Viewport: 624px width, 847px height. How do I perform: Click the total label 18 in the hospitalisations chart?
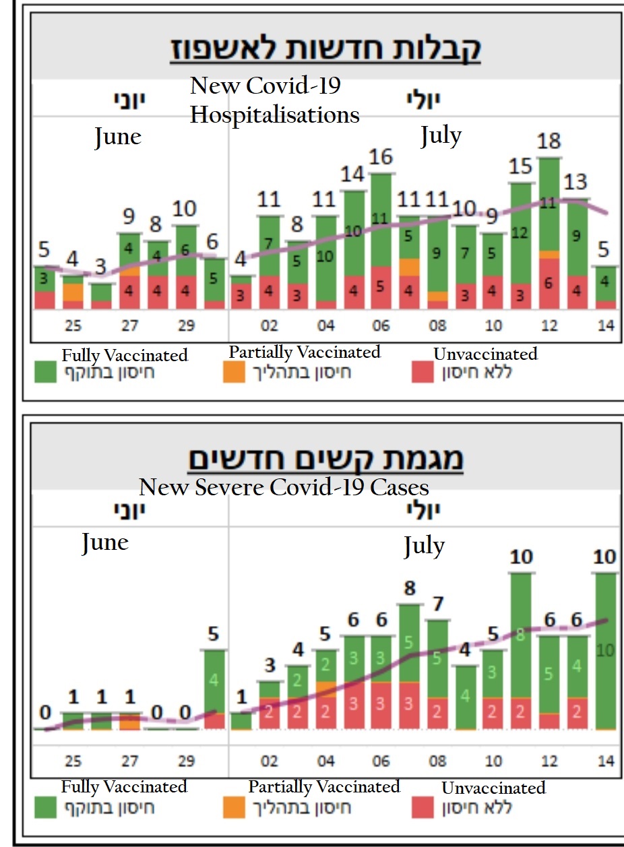pos(549,142)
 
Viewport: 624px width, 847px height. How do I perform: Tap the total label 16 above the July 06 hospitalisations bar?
pos(381,157)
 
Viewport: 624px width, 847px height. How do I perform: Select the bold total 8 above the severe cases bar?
pos(409,588)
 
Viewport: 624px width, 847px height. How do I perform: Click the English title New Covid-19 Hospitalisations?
pos(274,100)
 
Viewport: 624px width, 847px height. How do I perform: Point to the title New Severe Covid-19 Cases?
pos(284,487)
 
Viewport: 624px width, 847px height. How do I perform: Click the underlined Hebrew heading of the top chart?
pos(324,51)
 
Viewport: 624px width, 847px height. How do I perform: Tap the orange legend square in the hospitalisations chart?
pos(235,372)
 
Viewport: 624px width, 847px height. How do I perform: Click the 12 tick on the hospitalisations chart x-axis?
pos(549,325)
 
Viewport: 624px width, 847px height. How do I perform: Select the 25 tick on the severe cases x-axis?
pos(73,761)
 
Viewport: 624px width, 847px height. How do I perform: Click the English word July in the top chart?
pos(441,135)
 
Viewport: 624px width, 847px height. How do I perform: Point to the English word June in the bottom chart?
pos(104,542)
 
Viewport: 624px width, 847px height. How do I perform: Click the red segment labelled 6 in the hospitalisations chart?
pos(549,284)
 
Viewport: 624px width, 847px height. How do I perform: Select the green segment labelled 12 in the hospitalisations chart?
pos(521,232)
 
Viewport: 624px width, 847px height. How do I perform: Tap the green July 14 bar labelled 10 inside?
pos(605,650)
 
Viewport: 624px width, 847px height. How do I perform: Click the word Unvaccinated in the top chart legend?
pos(485,354)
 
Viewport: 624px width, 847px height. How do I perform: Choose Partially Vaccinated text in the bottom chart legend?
pos(323,786)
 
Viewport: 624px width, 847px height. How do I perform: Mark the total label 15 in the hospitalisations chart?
pos(521,166)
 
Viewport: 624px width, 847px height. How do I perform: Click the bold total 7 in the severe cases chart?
pos(437,604)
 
